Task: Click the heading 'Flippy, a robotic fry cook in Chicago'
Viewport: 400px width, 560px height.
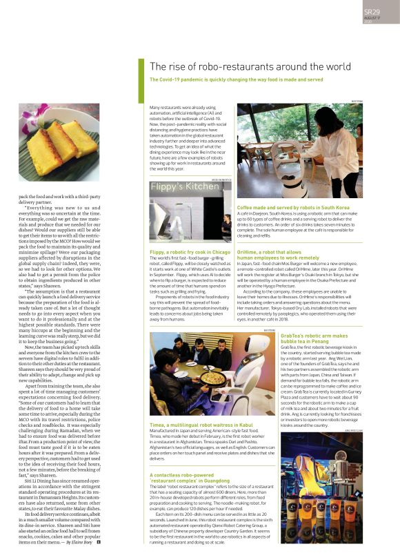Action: coord(190,252)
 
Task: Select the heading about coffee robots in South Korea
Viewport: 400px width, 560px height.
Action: coord(293,207)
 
